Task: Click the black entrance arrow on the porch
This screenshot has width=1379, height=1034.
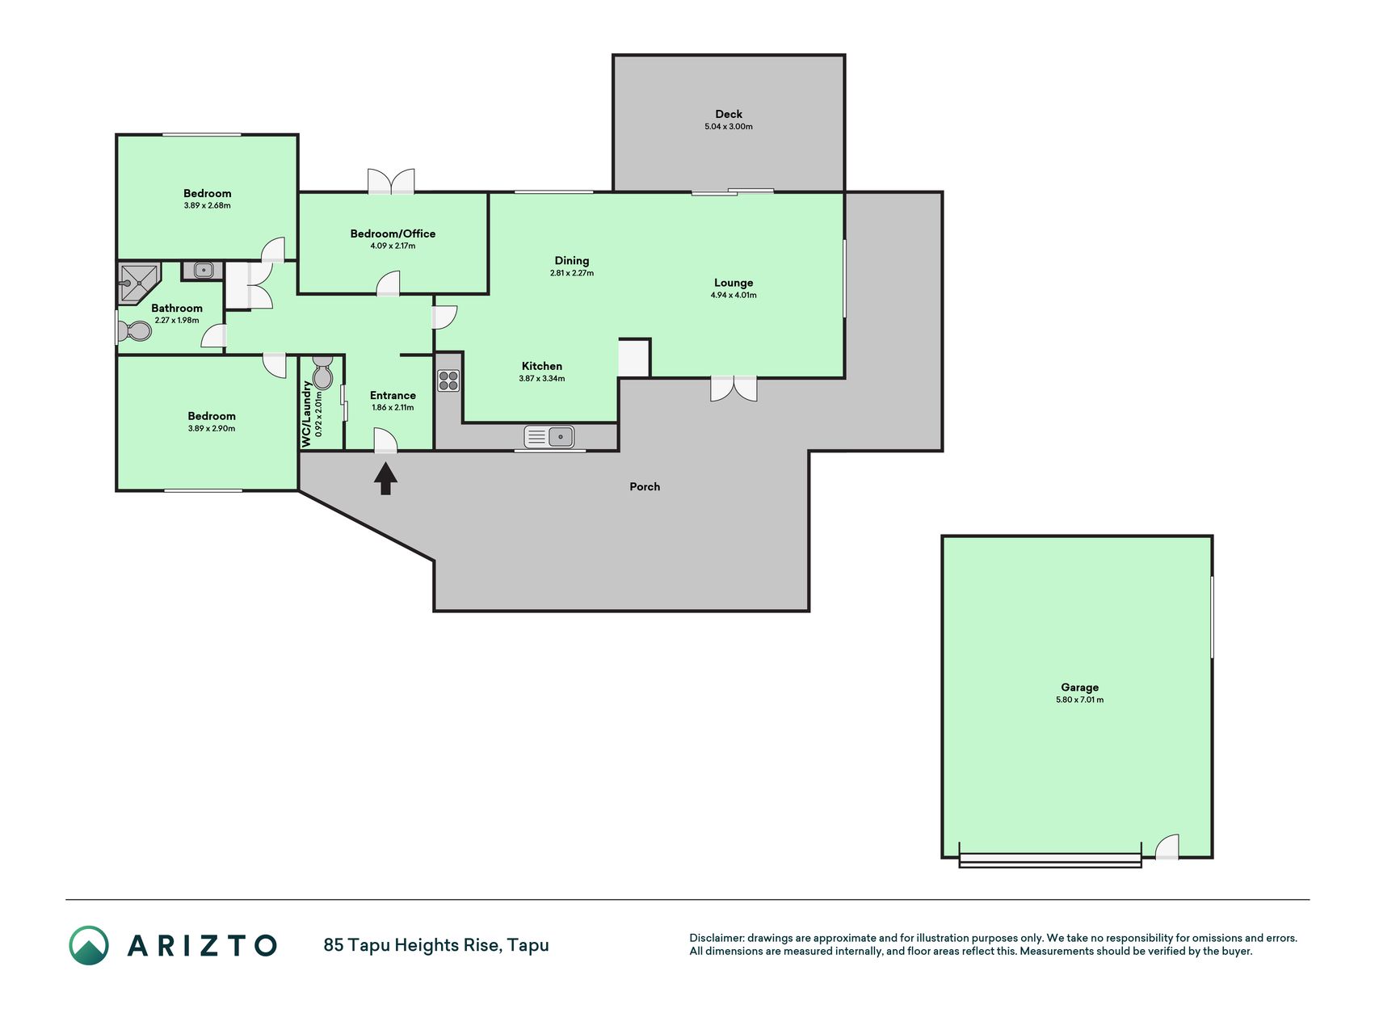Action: [x=385, y=477]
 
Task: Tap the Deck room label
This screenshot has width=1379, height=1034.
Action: [x=728, y=114]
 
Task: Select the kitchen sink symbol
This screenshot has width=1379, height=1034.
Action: [x=549, y=437]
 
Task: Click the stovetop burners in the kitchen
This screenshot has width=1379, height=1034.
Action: [x=448, y=380]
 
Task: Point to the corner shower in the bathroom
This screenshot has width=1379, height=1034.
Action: [x=137, y=281]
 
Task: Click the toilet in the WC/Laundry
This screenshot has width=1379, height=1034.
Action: [x=322, y=372]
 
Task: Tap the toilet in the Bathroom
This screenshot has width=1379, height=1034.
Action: [x=135, y=331]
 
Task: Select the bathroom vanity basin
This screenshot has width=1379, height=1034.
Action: [x=203, y=271]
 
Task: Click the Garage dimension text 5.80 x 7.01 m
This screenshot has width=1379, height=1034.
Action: [x=1079, y=700]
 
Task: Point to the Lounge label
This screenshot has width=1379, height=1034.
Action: [x=734, y=283]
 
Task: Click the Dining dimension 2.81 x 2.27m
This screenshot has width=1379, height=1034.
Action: [x=572, y=273]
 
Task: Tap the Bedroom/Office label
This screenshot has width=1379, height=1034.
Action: [x=393, y=233]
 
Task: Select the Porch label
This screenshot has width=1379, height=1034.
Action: [x=645, y=486]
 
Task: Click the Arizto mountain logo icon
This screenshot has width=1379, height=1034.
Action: [x=89, y=945]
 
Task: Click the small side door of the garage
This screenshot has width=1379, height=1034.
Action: [x=1167, y=847]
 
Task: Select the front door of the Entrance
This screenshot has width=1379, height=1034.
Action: [x=385, y=439]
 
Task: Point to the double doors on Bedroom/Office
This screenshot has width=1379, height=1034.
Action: [x=391, y=181]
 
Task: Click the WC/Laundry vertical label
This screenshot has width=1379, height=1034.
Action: [x=306, y=414]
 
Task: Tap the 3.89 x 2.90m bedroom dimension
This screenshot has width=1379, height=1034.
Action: [x=212, y=428]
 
